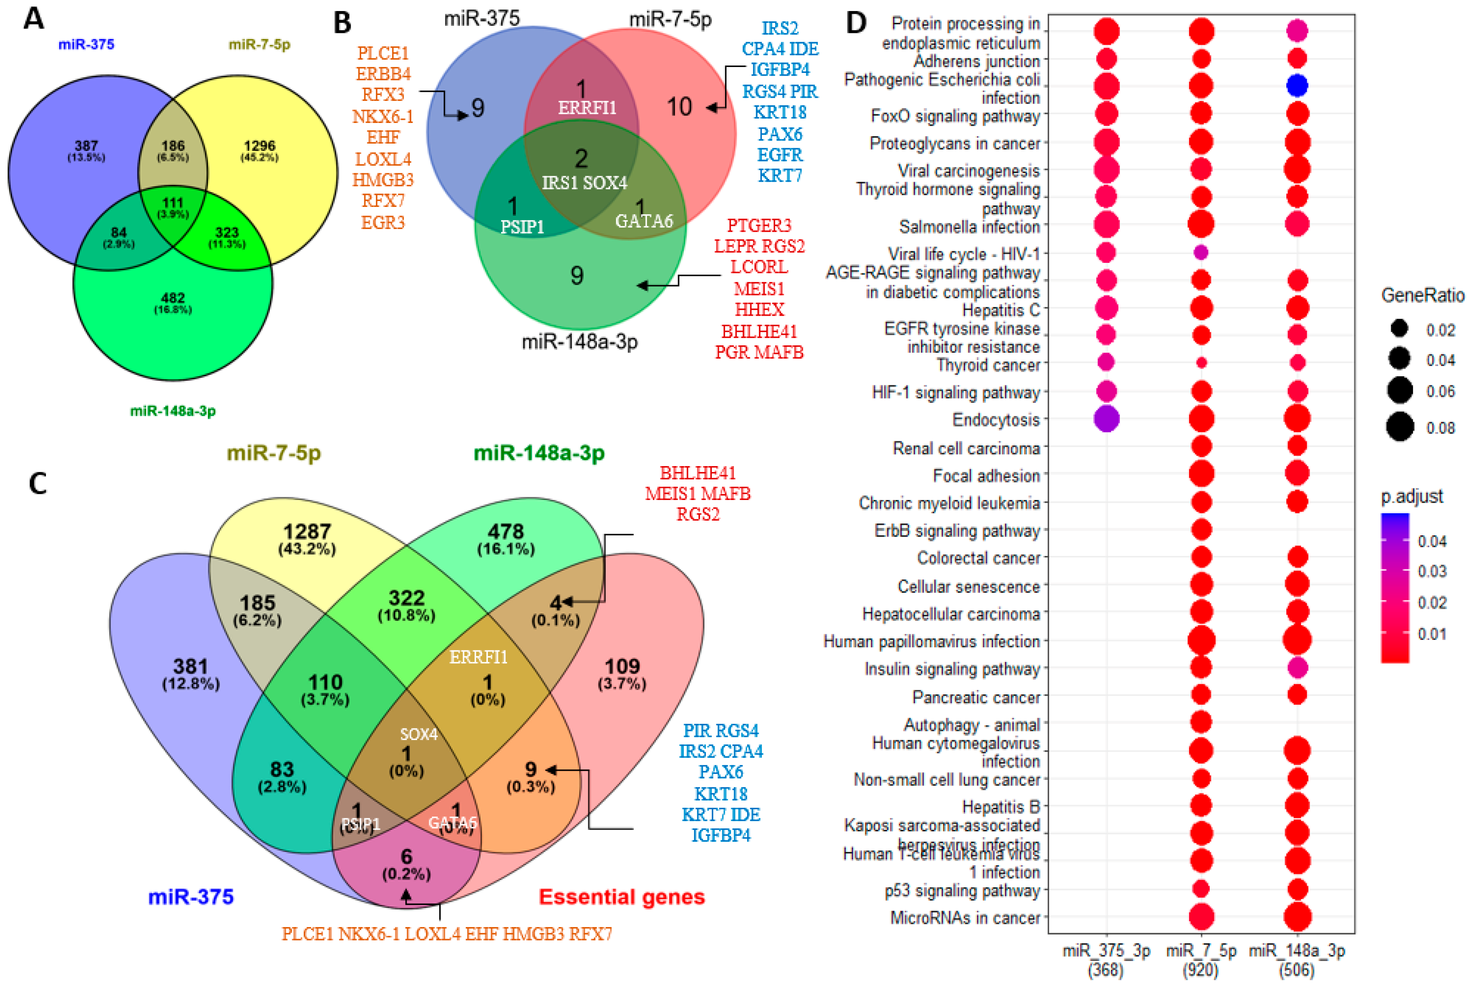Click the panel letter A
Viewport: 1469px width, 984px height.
[x=34, y=18]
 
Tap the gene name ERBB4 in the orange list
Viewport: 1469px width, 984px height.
[x=383, y=73]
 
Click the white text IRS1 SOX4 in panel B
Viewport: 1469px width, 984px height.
[x=585, y=183]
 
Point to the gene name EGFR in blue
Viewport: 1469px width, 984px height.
[x=780, y=155]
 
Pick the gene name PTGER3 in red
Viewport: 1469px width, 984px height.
[x=759, y=225]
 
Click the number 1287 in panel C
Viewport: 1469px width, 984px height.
[x=307, y=532]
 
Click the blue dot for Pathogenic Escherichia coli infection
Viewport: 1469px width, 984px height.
[x=1296, y=85]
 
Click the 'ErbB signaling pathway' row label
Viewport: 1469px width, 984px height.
[x=957, y=531]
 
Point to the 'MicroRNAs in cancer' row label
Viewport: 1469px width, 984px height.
[x=965, y=917]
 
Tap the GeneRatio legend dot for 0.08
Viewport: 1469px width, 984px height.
[x=1400, y=428]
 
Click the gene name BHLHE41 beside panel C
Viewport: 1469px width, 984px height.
[x=698, y=473]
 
